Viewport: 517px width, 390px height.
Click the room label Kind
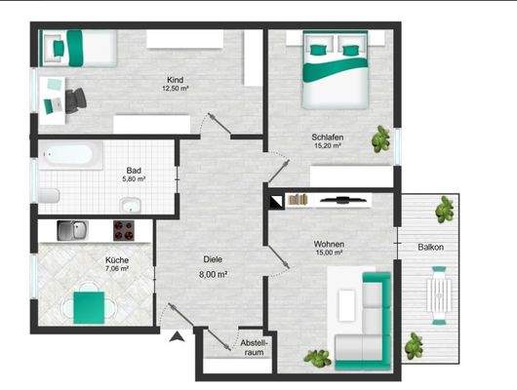coord(176,80)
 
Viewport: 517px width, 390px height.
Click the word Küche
coord(116,260)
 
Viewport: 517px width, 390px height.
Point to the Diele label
coord(213,260)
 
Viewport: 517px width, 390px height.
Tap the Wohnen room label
coord(329,244)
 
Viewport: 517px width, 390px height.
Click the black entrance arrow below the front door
coord(177,337)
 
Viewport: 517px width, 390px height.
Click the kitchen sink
coord(71,230)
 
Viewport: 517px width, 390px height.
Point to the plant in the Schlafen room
coord(378,141)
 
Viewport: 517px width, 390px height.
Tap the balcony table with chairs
coord(441,296)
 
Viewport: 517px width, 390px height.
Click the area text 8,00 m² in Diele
coord(213,275)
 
